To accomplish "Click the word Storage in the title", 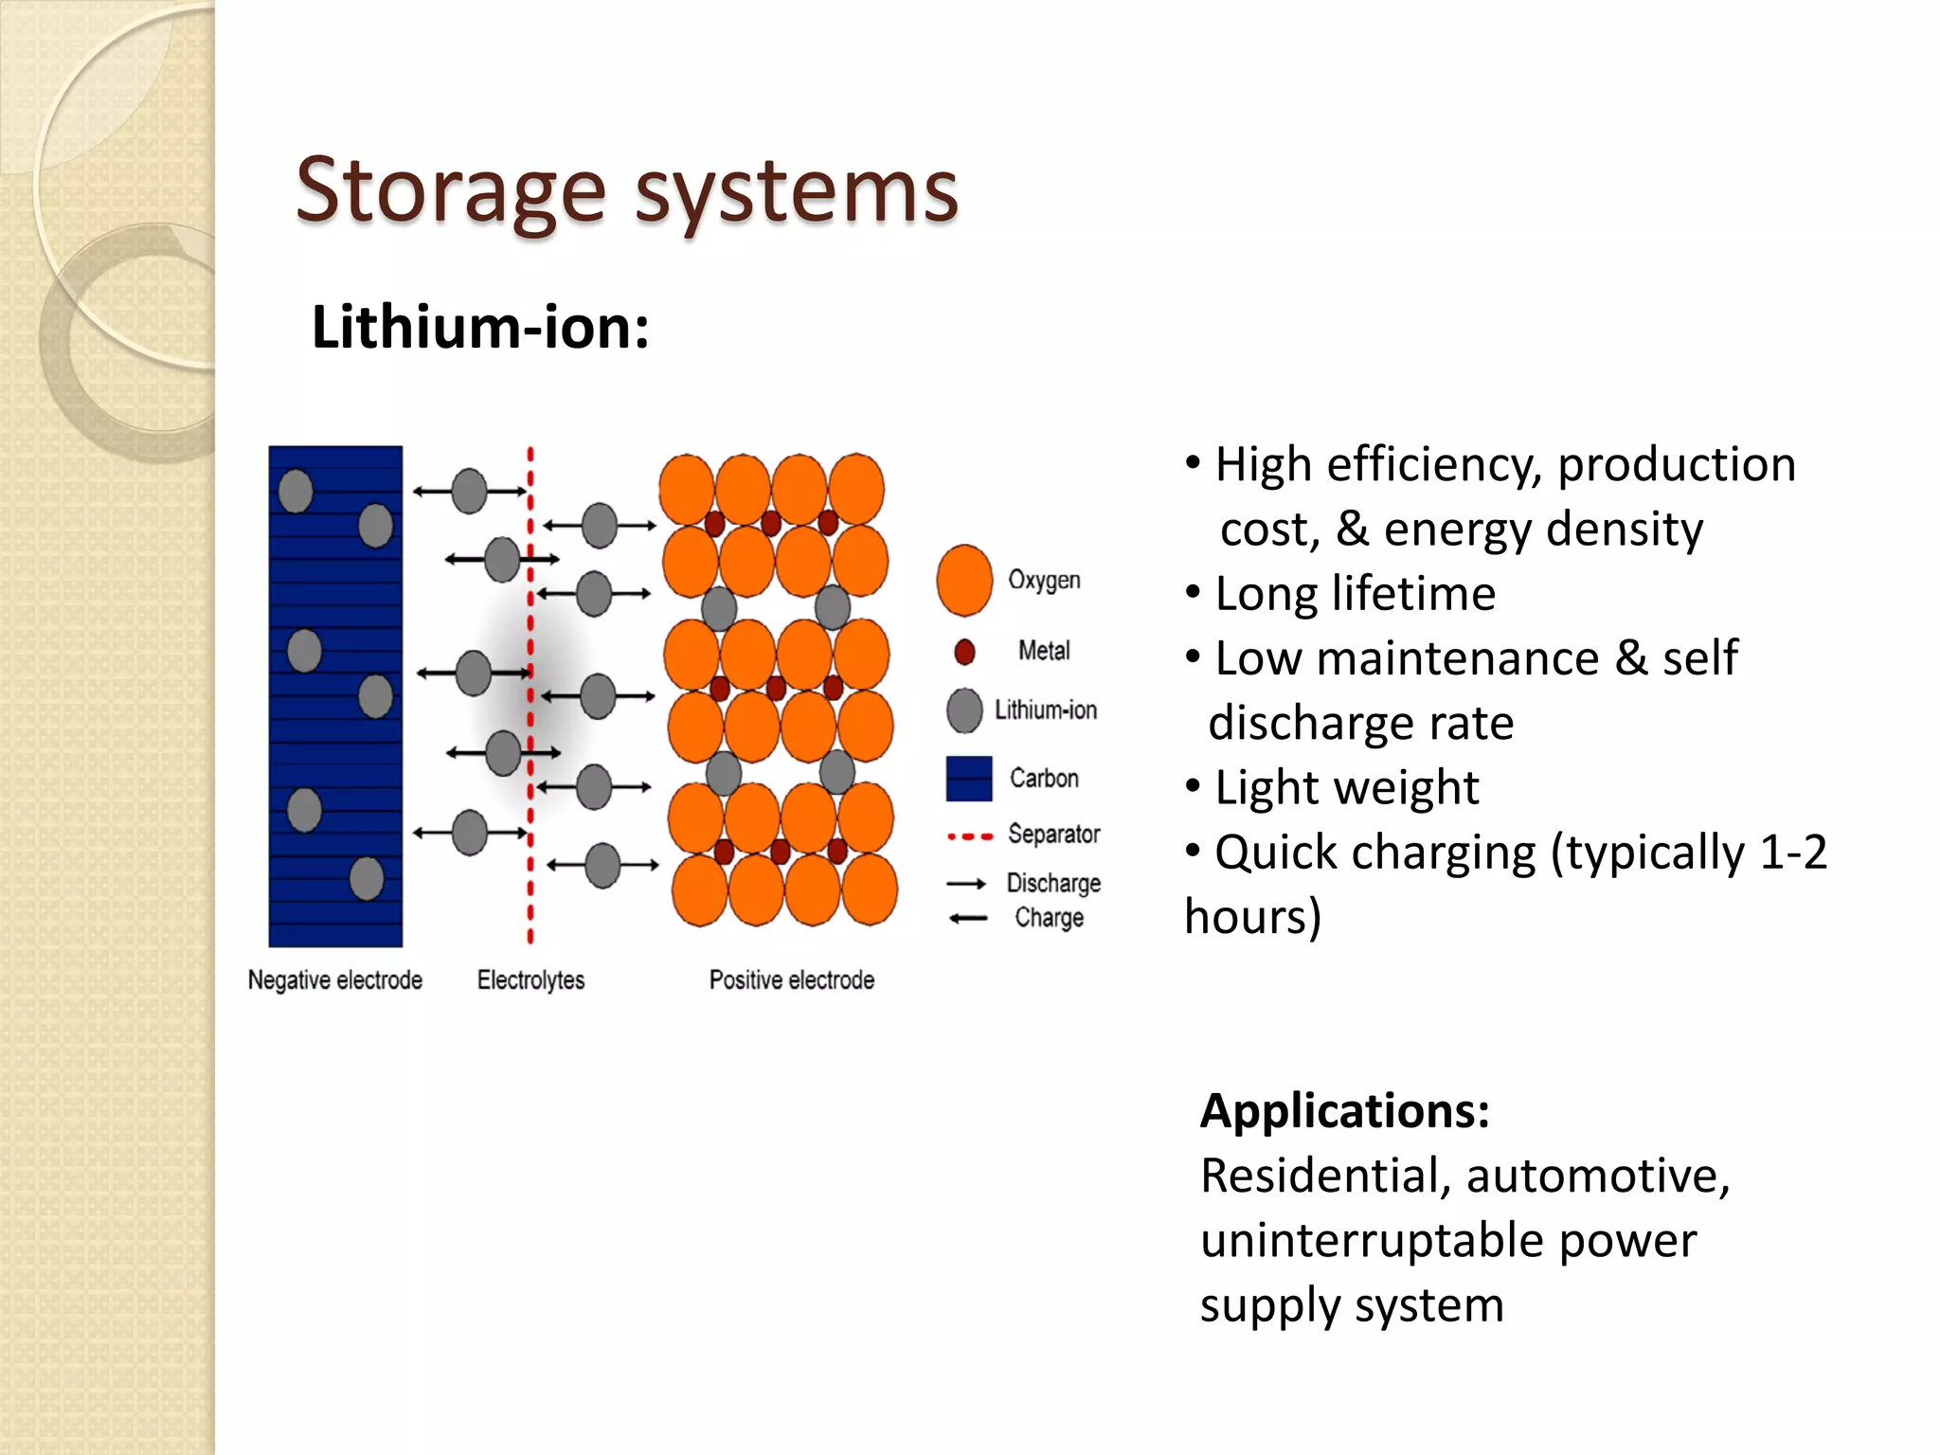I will (450, 192).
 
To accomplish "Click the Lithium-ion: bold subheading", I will (480, 328).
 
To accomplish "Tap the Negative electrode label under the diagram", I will (334, 979).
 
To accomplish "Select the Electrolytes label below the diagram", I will (530, 979).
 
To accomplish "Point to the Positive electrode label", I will (791, 979).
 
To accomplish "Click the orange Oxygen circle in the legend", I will (964, 581).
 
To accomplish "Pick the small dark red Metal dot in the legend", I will (964, 652).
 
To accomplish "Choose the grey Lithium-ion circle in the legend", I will (964, 710).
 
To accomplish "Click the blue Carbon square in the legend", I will (968, 779).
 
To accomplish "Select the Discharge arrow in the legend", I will (966, 884).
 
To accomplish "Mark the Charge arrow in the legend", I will (968, 918).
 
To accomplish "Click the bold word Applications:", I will (1344, 1111).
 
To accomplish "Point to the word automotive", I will (1598, 1177).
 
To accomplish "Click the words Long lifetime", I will (1355, 595).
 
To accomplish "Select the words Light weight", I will (1346, 788).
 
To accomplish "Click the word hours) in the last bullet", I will (1252, 917).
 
